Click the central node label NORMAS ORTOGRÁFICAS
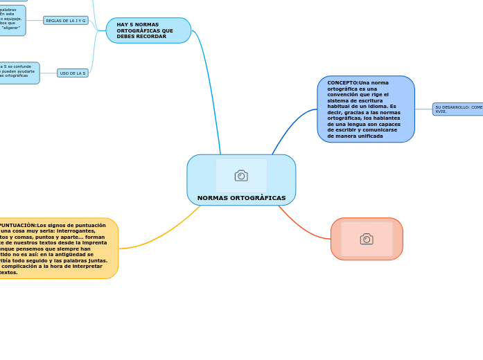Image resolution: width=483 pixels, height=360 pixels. [x=241, y=198]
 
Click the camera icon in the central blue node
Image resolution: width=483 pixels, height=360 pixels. [x=241, y=176]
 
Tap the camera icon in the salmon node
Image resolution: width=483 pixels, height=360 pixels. [x=367, y=239]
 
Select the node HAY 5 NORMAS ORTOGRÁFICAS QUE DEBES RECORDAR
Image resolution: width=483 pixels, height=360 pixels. [x=148, y=30]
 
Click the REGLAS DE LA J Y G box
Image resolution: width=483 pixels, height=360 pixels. [x=66, y=21]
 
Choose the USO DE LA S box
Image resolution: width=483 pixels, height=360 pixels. [x=73, y=73]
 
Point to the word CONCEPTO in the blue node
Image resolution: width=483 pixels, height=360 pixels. [x=342, y=83]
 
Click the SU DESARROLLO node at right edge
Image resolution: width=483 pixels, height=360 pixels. [x=458, y=109]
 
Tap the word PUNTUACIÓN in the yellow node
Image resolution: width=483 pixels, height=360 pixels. [x=17, y=225]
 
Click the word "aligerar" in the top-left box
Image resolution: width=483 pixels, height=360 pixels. [x=10, y=28]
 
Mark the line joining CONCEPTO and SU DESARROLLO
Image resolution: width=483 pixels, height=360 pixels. [x=423, y=109]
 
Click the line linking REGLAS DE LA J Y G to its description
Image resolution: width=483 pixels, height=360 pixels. [x=35, y=21]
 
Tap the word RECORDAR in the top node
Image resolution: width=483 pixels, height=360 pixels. [x=152, y=37]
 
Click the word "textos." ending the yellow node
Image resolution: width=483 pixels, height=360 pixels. [x=8, y=272]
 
